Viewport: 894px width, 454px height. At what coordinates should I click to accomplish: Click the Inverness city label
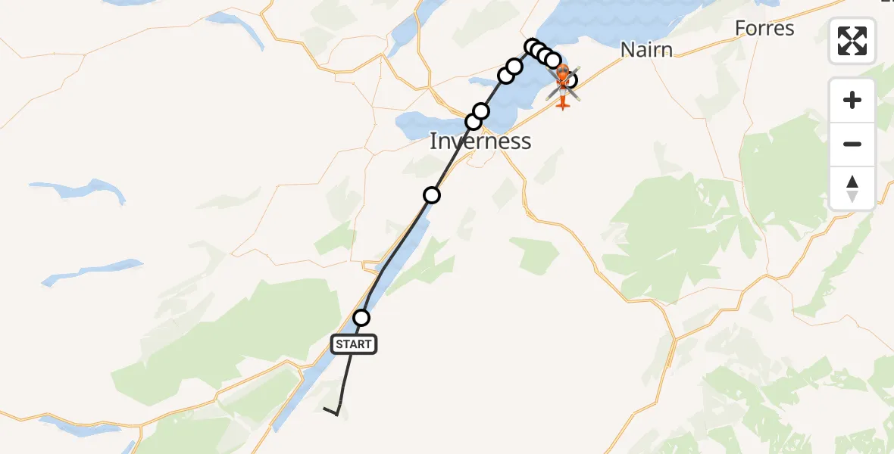click(x=480, y=141)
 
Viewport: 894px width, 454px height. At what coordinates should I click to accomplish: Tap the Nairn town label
click(x=646, y=50)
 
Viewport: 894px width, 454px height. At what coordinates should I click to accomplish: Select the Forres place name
click(x=764, y=29)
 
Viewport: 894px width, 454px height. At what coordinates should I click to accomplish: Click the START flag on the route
click(x=353, y=344)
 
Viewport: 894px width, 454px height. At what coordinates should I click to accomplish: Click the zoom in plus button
click(x=852, y=100)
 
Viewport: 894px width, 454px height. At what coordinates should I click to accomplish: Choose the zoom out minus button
click(x=852, y=144)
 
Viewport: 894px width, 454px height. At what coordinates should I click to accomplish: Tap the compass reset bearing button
click(x=852, y=188)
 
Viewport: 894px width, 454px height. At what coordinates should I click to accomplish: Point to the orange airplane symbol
click(x=562, y=101)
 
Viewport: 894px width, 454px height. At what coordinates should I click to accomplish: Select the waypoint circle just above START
click(x=362, y=318)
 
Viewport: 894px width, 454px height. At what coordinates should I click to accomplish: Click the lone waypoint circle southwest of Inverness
click(x=432, y=196)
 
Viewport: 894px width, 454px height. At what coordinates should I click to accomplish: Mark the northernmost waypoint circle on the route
click(x=532, y=47)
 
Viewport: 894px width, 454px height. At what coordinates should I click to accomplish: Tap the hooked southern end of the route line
click(x=331, y=411)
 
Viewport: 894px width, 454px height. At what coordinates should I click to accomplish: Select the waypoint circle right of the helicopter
click(x=571, y=79)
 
